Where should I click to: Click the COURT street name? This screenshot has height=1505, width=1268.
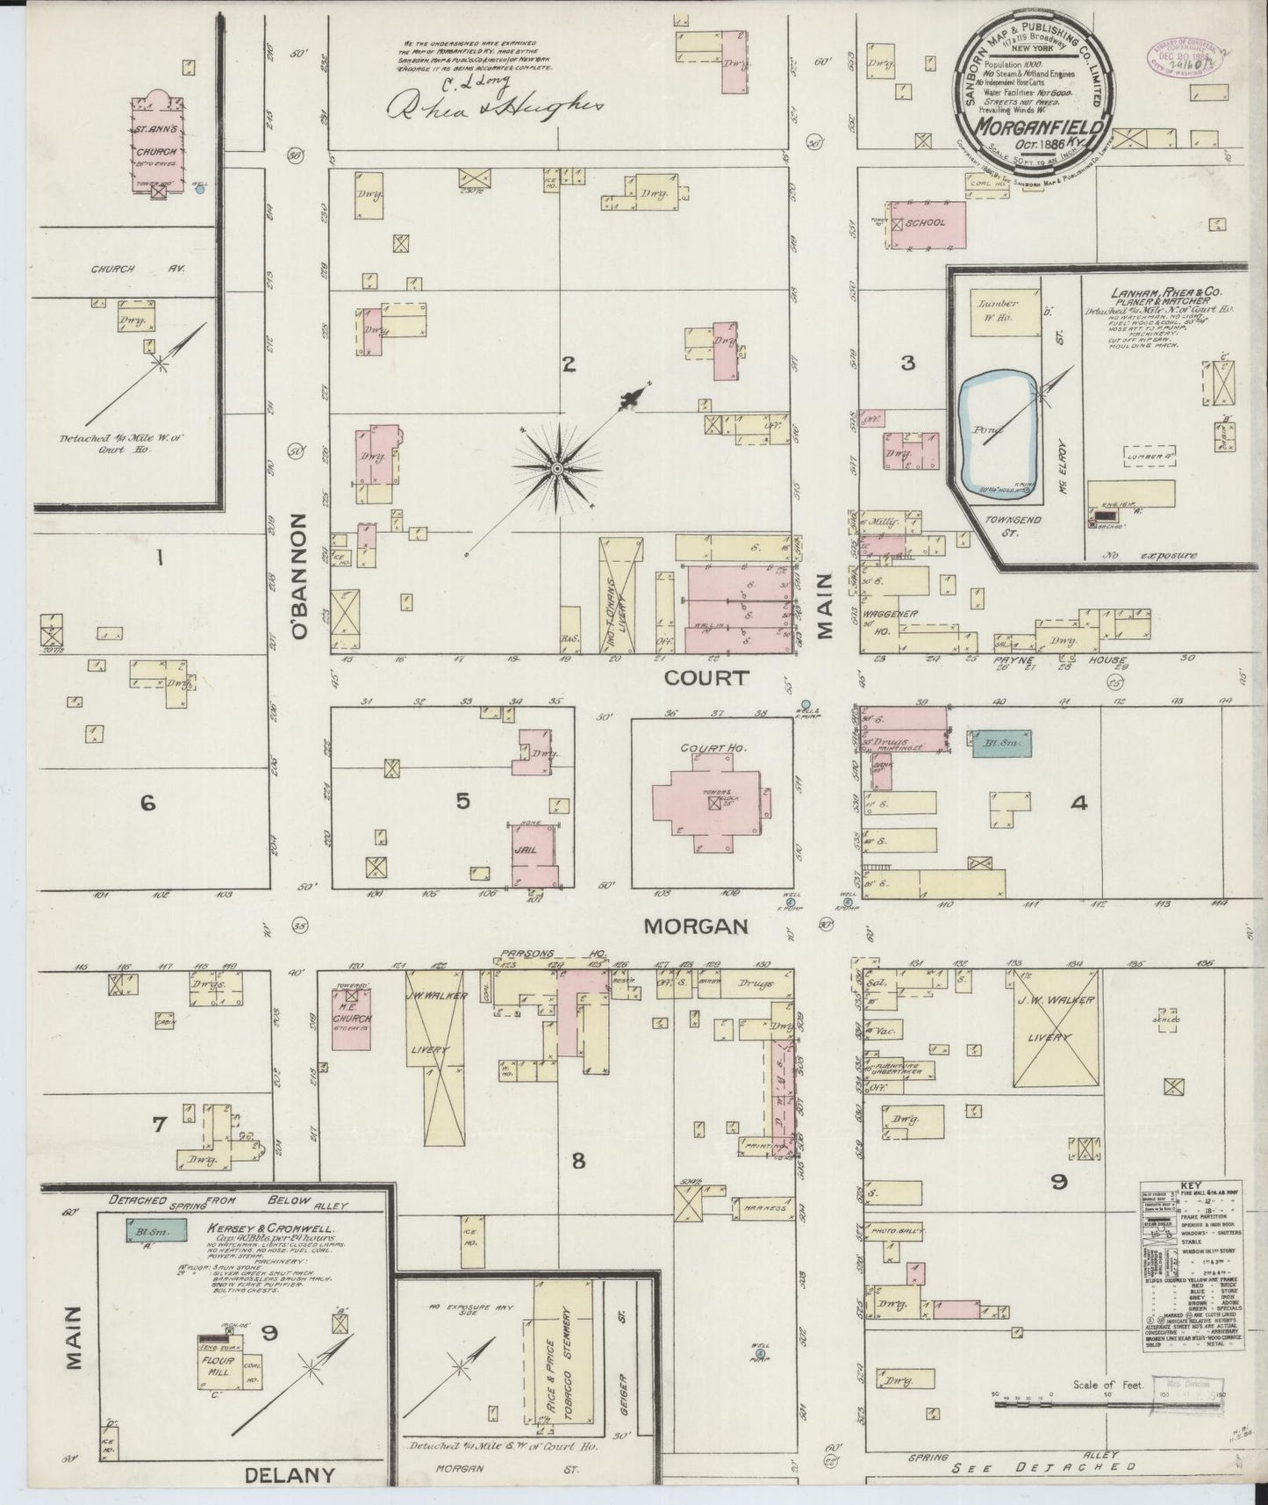coord(706,677)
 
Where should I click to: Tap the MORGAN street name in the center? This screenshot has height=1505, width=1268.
coord(696,925)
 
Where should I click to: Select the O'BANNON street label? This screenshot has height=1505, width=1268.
coord(300,575)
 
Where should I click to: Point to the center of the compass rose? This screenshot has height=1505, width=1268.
coord(556,470)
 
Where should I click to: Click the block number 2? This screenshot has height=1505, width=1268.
coord(569,364)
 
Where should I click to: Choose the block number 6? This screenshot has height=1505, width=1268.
coord(147,802)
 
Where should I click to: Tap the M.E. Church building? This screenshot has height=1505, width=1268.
coord(351,1018)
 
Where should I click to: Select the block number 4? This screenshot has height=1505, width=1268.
coord(1078,803)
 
